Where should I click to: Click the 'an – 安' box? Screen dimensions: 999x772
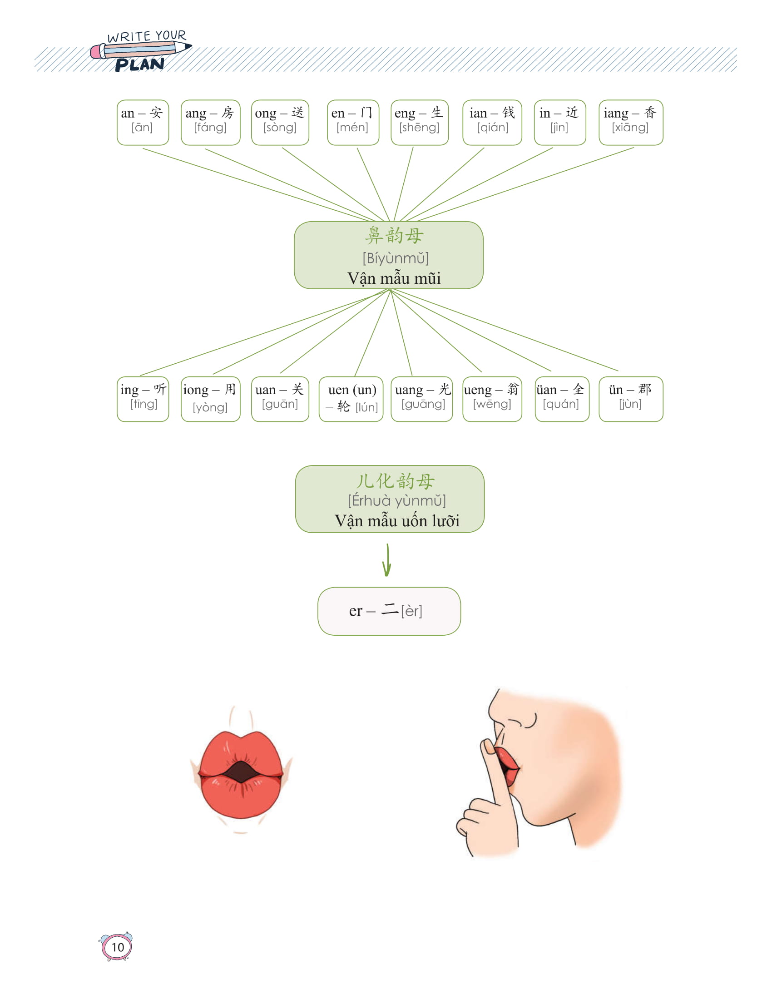[143, 122]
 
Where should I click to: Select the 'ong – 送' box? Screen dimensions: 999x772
[280, 122]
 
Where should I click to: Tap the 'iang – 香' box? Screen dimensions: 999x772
[631, 122]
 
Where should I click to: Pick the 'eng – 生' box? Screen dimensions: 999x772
[420, 122]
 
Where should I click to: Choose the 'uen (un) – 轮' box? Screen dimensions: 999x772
[351, 399]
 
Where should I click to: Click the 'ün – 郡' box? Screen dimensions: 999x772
[631, 399]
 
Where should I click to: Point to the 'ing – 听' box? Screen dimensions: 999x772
[143, 399]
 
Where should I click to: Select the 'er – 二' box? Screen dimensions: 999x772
[389, 611]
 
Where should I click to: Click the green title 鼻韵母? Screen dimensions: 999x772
[394, 236]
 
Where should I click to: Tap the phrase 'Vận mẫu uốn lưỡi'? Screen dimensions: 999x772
[396, 521]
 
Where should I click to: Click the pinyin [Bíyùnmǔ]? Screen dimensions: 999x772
[396, 258]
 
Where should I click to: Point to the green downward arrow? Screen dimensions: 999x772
[387, 560]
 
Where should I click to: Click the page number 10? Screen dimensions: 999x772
[118, 947]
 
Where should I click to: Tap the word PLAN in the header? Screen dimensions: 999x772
[139, 65]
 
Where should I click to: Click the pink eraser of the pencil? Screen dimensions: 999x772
[97, 52]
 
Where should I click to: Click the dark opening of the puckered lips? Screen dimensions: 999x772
[241, 772]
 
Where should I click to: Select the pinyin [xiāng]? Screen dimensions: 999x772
[630, 128]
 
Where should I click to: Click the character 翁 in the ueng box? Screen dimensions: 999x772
[513, 389]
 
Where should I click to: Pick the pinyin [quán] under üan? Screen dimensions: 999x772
[561, 404]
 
